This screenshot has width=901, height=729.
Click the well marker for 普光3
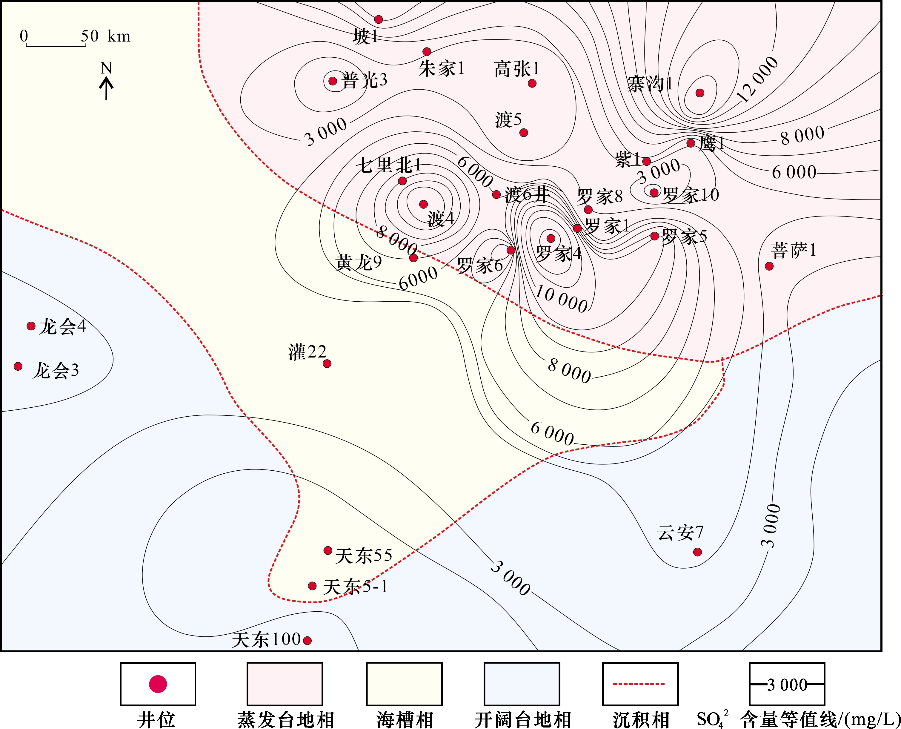pos(333,81)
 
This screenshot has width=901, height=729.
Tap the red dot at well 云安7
pos(697,552)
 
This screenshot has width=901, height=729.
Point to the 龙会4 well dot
pos(31,326)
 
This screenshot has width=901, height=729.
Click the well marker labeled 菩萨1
pos(769,266)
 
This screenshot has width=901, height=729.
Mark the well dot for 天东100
pos(307,640)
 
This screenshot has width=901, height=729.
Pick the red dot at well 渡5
pos(524,133)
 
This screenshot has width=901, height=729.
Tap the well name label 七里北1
pos(389,165)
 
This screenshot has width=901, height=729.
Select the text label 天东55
pos(364,555)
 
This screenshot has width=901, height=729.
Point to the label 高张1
pos(516,69)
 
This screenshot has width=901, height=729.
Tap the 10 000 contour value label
pos(561,299)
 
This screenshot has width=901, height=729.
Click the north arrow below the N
pos(106,89)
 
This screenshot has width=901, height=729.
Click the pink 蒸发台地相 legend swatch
pos(285,684)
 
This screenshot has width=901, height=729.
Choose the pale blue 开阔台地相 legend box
pos(522,684)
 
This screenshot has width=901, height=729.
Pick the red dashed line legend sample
pos(639,684)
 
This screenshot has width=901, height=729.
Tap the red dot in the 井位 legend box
pos(158,684)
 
